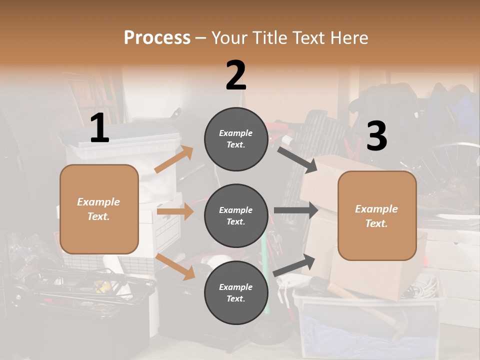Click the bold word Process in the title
[x=157, y=38]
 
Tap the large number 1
[x=99, y=128]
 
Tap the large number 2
[x=236, y=75]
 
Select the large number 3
[x=376, y=136]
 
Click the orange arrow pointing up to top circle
[x=174, y=159]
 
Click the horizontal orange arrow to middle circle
[x=175, y=211]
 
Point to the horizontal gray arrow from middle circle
[x=295, y=210]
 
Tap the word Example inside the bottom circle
[x=235, y=287]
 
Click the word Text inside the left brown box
[x=98, y=216]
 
